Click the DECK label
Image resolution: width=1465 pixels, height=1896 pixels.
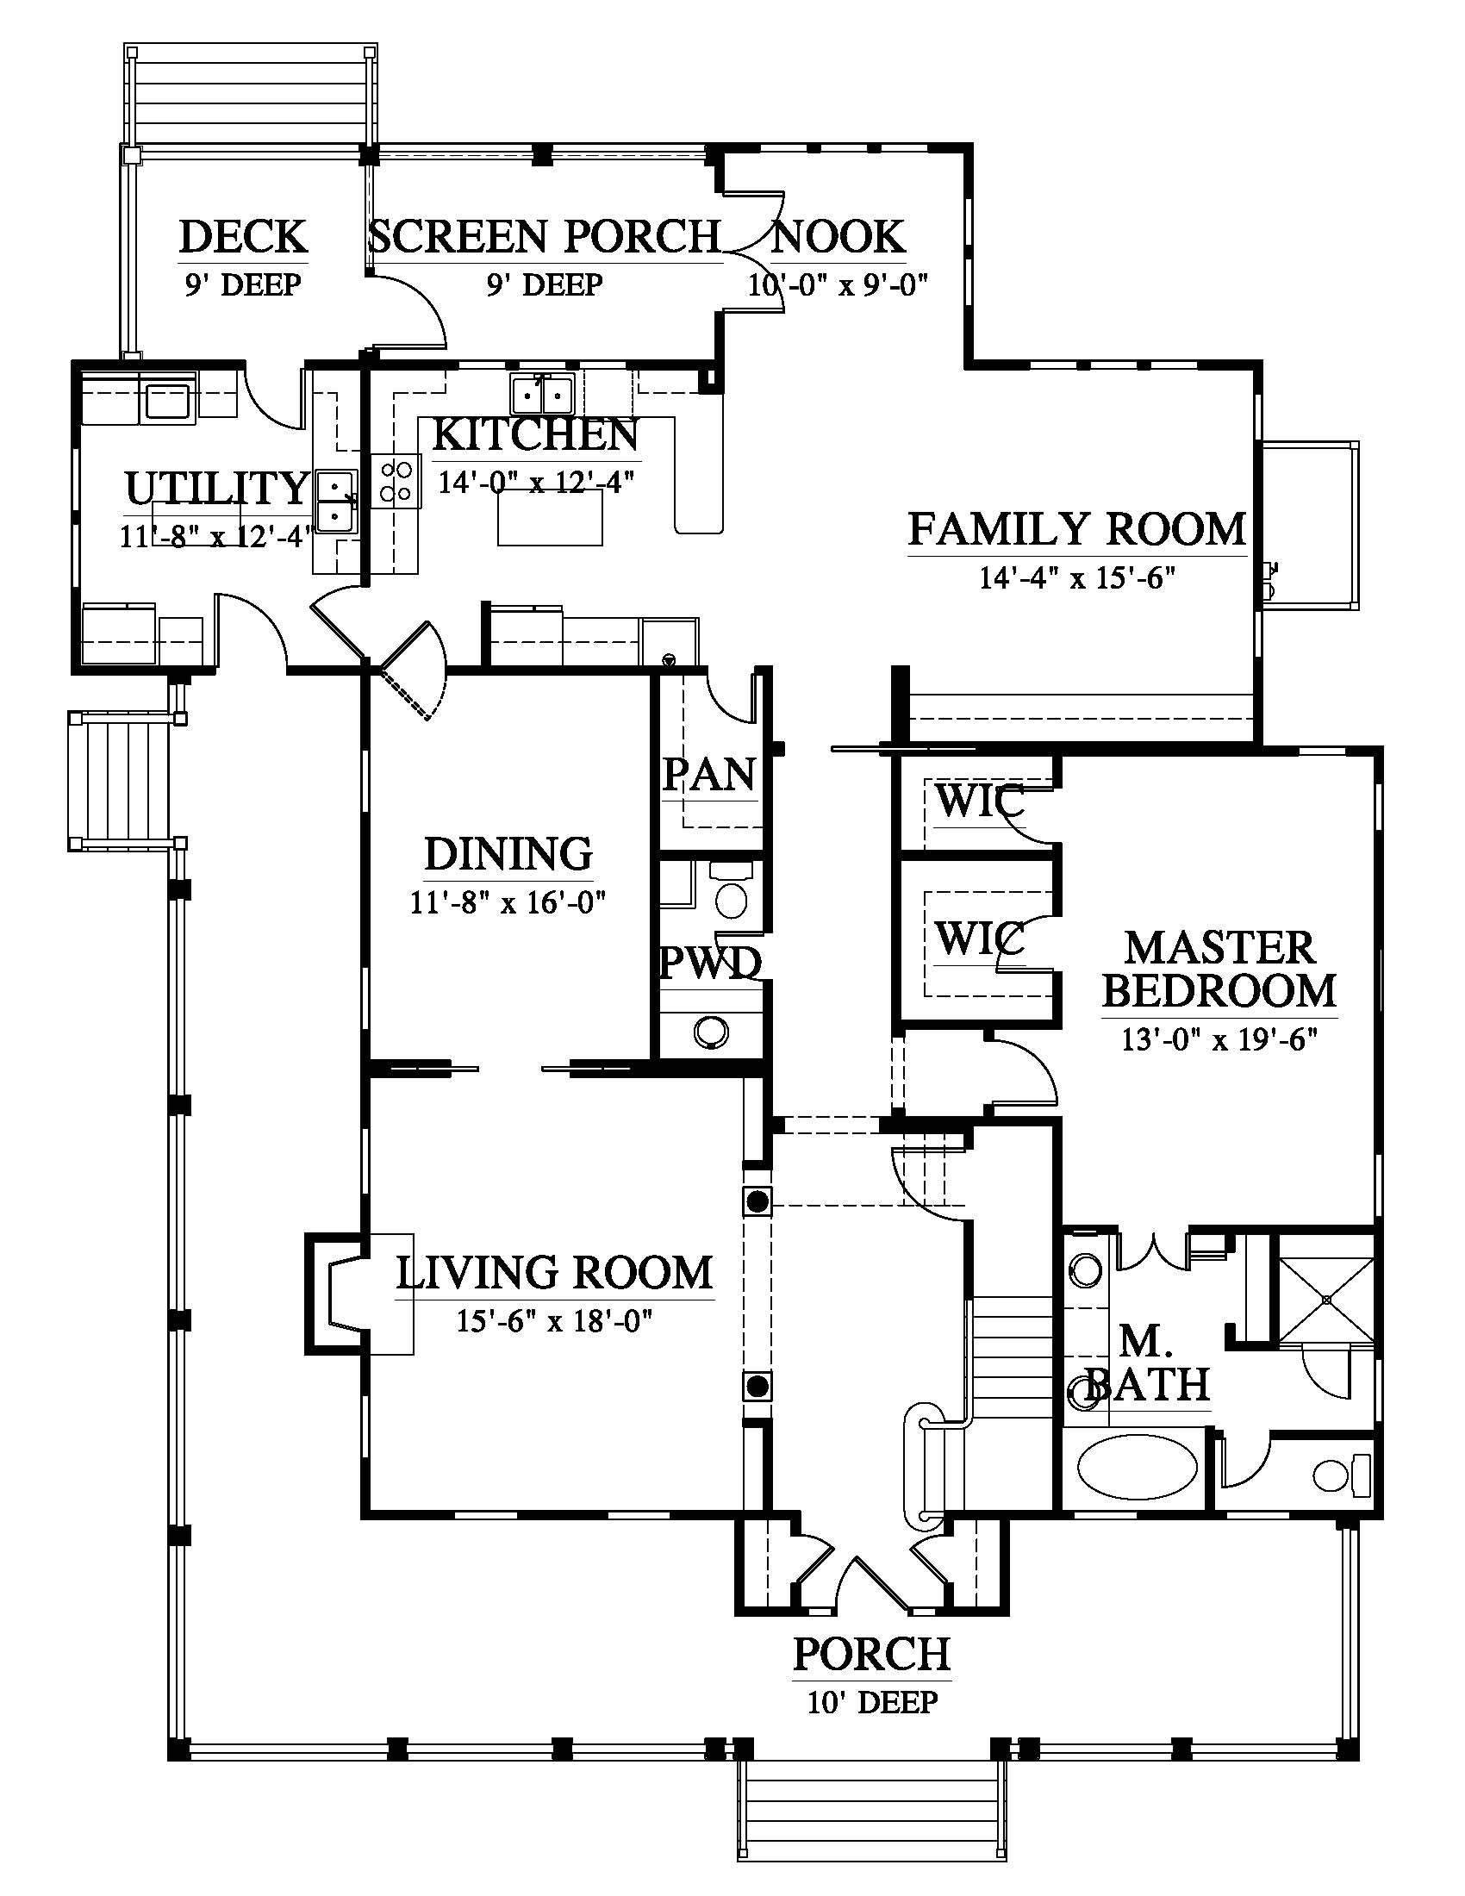coord(243,236)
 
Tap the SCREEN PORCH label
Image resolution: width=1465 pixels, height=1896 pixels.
coord(544,236)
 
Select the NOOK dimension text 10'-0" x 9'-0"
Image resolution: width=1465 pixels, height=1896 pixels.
coord(839,284)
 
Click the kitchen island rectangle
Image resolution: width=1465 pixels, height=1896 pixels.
coord(551,517)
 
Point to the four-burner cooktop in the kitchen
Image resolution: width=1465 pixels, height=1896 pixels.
coord(397,482)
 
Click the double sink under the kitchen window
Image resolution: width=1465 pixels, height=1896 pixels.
coord(543,395)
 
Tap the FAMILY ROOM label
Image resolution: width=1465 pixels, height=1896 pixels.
coord(1077,529)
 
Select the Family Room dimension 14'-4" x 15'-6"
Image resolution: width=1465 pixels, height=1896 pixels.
coord(1077,578)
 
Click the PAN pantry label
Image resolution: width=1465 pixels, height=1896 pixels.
coord(709,775)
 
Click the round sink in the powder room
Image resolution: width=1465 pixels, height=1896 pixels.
coord(711,1032)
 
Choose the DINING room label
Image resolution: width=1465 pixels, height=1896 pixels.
coord(508,854)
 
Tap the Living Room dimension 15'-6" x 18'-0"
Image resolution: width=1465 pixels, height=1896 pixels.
coord(555,1321)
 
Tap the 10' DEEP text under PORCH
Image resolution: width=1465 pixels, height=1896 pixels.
coord(872,1703)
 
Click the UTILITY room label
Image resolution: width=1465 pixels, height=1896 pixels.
coord(217,488)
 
